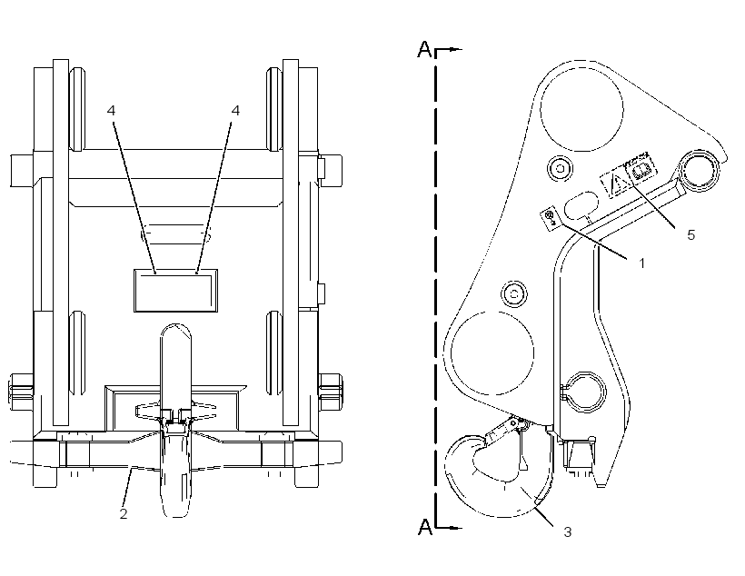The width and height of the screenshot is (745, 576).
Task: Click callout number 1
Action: coord(642,263)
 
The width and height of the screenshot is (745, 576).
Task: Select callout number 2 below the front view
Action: coord(124,513)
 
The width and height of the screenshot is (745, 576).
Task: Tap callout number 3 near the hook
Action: coord(567,532)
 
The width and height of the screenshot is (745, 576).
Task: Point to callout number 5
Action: coord(690,234)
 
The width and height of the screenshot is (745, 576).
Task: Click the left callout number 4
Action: coord(111,111)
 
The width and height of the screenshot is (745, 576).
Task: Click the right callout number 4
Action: coord(235,111)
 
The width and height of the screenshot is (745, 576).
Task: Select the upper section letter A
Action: coord(425,49)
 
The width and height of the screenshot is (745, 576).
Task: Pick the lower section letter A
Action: coord(425,527)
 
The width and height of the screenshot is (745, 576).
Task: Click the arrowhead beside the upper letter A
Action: coord(457,49)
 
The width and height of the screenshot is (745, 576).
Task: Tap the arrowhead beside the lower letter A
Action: coord(457,528)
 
